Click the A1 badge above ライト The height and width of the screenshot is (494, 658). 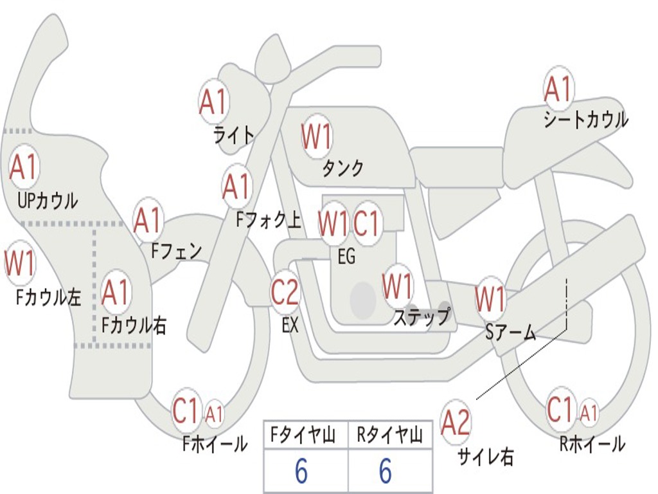tap(214, 102)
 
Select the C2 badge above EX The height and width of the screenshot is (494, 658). tap(285, 293)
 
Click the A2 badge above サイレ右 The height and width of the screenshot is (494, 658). tap(456, 423)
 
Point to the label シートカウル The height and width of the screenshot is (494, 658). tap(585, 120)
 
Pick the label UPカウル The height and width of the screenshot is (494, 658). tap(48, 201)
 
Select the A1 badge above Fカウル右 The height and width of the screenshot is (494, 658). tap(116, 293)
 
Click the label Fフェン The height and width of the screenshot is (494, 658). tap(177, 250)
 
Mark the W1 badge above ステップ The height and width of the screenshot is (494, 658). tap(398, 285)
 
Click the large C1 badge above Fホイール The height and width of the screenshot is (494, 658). tap(186, 412)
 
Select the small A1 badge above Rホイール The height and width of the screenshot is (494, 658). tap(589, 412)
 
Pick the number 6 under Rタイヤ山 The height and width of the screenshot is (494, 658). tap(386, 471)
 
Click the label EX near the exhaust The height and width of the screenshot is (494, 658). tap(290, 325)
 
